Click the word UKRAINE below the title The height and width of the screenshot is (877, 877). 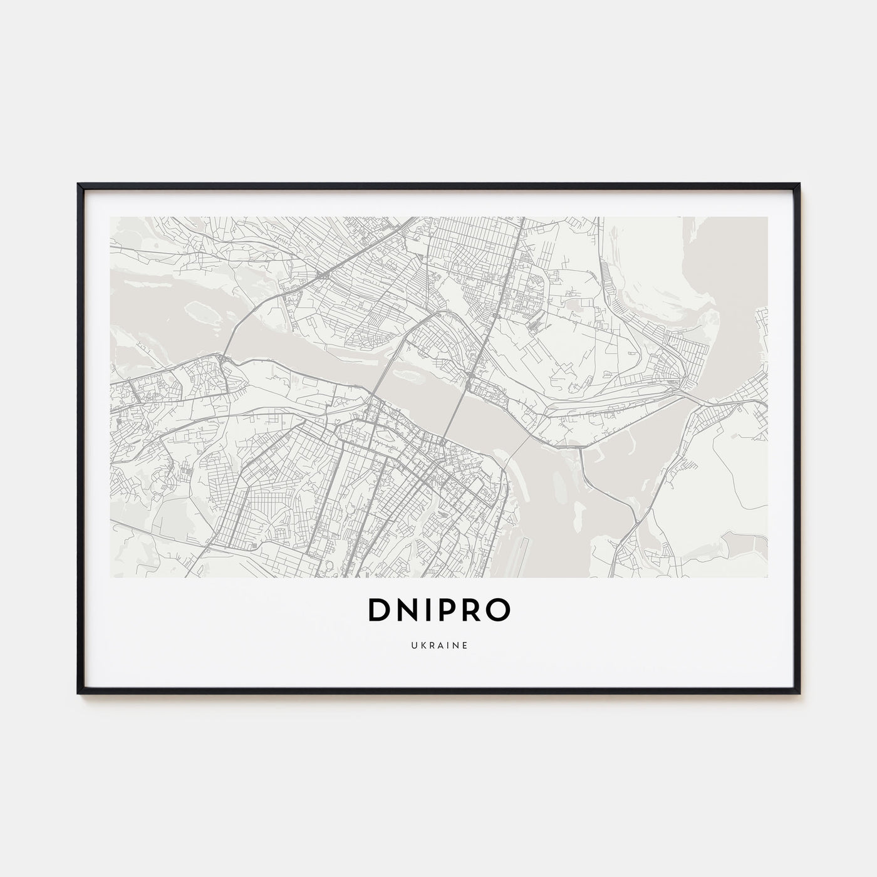click(438, 645)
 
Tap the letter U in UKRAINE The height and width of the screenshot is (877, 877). click(413, 645)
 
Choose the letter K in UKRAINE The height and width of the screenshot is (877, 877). click(421, 645)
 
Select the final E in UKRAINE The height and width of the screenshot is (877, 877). click(464, 645)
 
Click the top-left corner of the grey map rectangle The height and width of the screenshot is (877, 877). click(110, 217)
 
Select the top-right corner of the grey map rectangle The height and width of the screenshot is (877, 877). click(767, 217)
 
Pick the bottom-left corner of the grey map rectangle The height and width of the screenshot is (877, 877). click(110, 578)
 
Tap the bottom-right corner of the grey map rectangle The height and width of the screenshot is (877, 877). click(767, 578)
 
